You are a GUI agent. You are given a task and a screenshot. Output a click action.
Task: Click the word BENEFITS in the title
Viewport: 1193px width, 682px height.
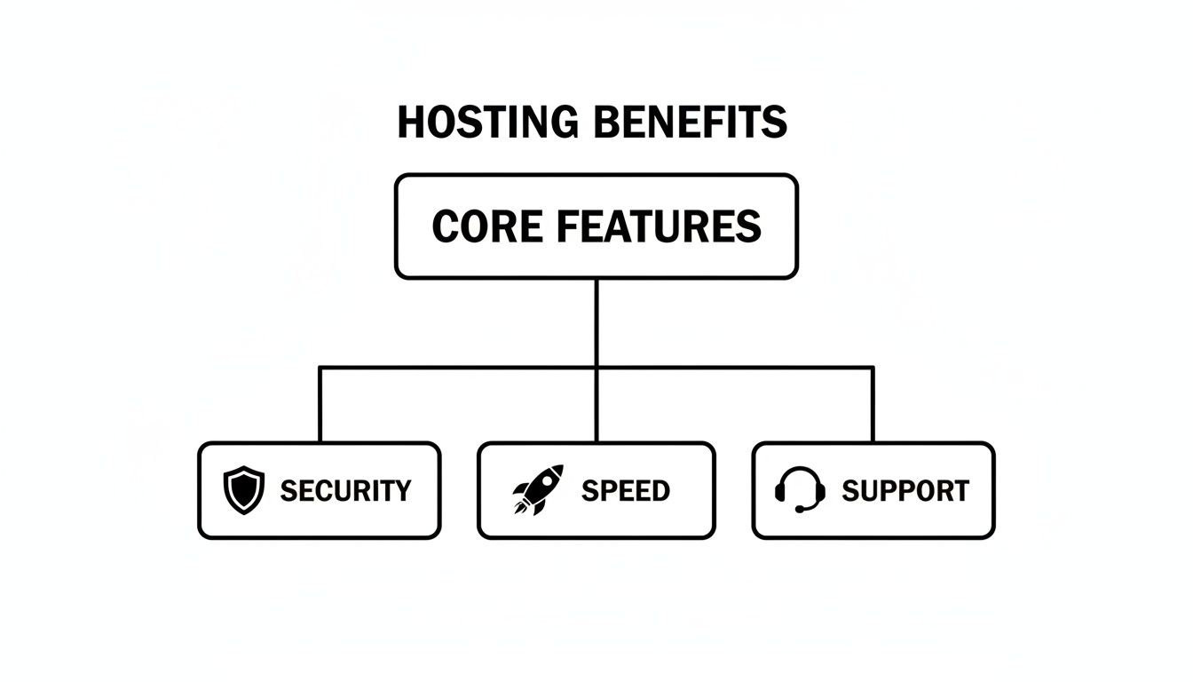[x=690, y=123]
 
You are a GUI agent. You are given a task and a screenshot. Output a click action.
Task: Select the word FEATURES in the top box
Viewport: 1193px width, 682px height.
[x=658, y=226]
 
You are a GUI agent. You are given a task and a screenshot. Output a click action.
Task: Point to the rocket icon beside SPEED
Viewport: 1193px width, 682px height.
[x=537, y=490]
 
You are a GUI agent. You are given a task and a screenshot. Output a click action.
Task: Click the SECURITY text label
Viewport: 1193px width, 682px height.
[x=345, y=491]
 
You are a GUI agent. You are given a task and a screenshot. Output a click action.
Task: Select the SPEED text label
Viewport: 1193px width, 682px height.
[x=625, y=491]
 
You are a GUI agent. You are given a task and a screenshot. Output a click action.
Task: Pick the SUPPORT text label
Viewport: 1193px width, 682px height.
[x=905, y=491]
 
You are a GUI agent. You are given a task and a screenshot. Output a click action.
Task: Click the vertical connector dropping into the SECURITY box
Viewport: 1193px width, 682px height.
[x=320, y=405]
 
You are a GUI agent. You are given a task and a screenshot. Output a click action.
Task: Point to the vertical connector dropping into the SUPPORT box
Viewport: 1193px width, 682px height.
[x=873, y=405]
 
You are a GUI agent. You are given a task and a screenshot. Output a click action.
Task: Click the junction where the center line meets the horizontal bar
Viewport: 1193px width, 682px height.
[x=596, y=367]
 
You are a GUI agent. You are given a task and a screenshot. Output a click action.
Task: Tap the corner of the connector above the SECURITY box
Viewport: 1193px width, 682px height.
[x=320, y=367]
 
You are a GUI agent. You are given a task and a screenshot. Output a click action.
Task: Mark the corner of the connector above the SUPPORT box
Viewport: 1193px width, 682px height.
[x=873, y=367]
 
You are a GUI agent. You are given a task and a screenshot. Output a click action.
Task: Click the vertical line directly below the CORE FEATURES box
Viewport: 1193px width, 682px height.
[x=596, y=320]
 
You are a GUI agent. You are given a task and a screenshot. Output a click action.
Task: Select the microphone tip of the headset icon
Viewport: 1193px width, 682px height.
[x=799, y=510]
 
